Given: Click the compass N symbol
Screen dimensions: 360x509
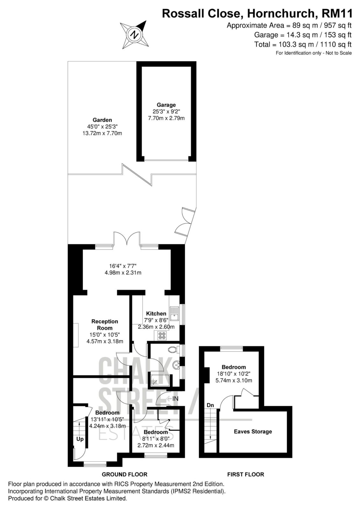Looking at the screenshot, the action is click(134, 35).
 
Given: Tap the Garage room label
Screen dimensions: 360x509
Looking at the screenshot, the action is click(166, 105).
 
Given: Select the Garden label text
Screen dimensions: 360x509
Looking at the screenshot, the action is click(102, 120).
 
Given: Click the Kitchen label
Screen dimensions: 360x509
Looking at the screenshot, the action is click(156, 314).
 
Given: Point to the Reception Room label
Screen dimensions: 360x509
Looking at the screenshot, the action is click(105, 324).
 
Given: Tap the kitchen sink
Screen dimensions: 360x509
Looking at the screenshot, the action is click(174, 314).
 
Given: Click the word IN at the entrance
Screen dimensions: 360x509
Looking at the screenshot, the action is click(175, 398).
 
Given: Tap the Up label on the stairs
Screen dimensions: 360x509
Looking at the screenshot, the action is click(80, 439).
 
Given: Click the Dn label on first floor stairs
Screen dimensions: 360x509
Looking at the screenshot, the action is click(210, 405).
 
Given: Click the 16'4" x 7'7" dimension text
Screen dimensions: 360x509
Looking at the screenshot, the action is click(123, 266).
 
